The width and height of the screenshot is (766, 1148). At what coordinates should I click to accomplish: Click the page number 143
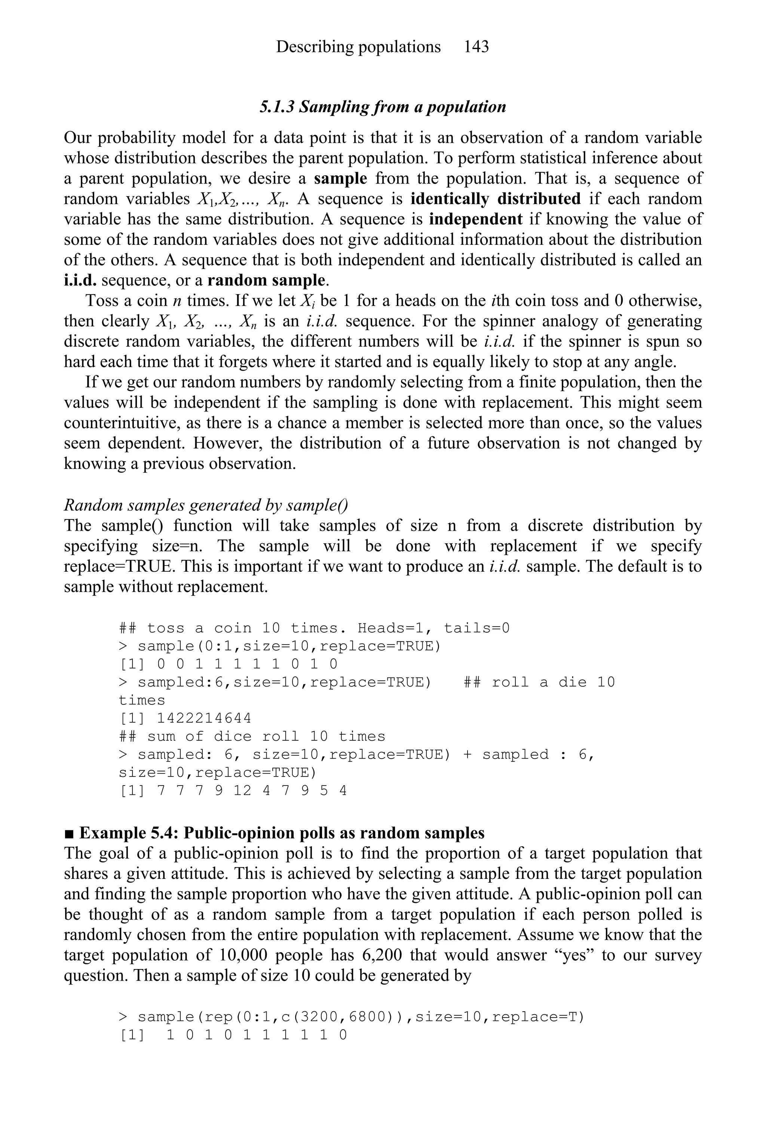tap(476, 47)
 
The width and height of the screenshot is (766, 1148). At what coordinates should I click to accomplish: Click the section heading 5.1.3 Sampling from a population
tap(383, 107)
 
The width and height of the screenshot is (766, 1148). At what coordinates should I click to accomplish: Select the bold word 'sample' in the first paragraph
tap(340, 179)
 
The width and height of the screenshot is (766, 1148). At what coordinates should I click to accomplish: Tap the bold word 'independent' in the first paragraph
tap(475, 219)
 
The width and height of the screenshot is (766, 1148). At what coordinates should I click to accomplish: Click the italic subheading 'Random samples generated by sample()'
tap(206, 505)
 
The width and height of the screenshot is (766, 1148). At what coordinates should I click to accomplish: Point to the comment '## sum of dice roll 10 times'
tap(252, 737)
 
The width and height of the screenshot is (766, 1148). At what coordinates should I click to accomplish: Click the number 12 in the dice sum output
tap(242, 791)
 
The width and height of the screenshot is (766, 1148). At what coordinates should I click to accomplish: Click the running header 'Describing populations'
tap(358, 47)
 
